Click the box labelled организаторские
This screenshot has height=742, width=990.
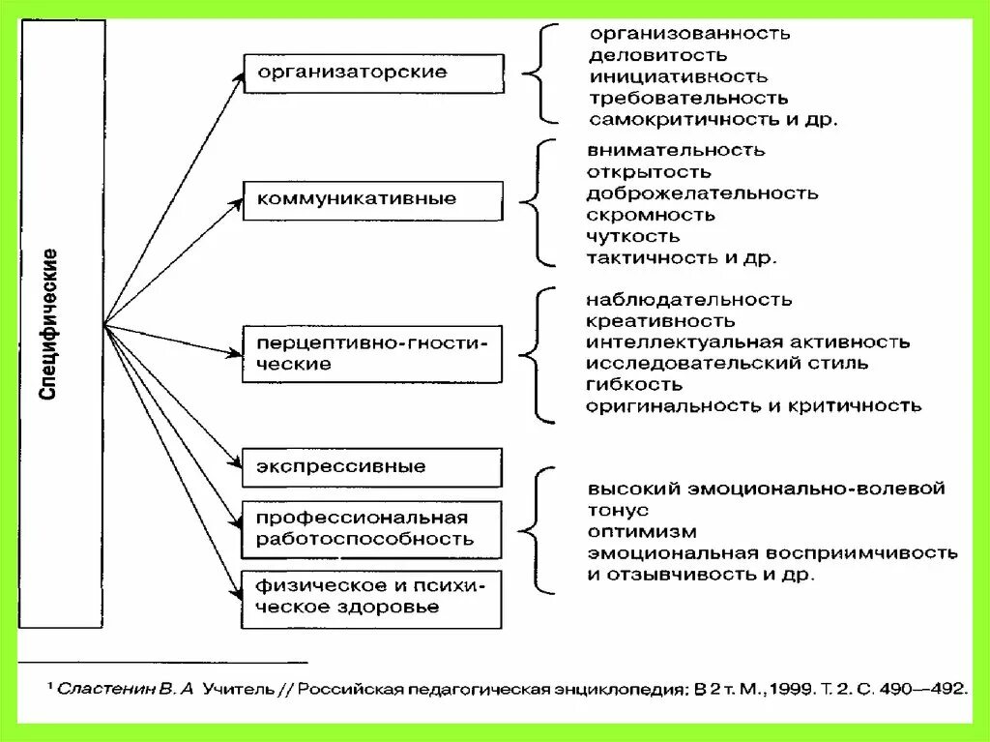coord(372,74)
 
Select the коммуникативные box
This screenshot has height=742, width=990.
coord(372,200)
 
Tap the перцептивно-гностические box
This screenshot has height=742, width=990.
coord(372,353)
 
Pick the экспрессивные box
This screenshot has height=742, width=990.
coord(372,467)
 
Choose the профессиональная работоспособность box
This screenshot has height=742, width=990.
coord(372,529)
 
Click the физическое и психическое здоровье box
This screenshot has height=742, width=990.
coord(372,597)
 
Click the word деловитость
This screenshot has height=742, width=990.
coord(656,55)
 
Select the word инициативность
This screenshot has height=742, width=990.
coord(678,76)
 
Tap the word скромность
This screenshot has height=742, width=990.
coord(650,215)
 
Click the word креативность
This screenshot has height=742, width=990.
coord(659,321)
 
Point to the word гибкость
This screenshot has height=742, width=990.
coord(633,385)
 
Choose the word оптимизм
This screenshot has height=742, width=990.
coord(641,532)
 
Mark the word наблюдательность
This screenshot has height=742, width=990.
coord(688,300)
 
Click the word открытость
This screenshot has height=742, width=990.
coord(648,172)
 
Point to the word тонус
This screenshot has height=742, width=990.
coord(617,511)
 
